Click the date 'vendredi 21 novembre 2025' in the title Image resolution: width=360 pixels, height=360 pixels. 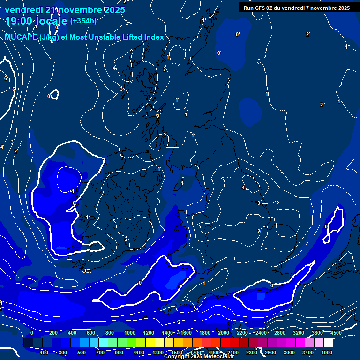coord(65,10)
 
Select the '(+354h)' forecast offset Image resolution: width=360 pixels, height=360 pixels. coord(83,21)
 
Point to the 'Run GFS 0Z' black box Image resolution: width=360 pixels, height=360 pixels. coord(297,8)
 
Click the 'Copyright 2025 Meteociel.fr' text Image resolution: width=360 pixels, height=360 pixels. coord(199,357)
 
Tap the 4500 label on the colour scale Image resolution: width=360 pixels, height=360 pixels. coord(336,333)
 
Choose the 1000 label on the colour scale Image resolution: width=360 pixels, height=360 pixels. coord(129,333)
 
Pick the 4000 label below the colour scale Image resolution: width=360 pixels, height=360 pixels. coord(327,352)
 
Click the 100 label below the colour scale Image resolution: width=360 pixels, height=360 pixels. coord(45,352)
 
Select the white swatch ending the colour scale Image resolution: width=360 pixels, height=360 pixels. coord(328,343)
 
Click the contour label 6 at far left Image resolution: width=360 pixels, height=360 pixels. coord(6,78)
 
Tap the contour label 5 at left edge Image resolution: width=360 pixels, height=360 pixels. coord(14,89)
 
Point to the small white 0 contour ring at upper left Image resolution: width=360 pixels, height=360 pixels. coord(54,95)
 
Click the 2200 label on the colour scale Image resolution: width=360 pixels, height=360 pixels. coord(242,333)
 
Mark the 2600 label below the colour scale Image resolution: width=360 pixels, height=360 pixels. coord(270,352)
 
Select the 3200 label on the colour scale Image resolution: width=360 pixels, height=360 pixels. coord(299,333)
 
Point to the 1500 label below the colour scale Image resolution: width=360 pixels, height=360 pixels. coord(177,352)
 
